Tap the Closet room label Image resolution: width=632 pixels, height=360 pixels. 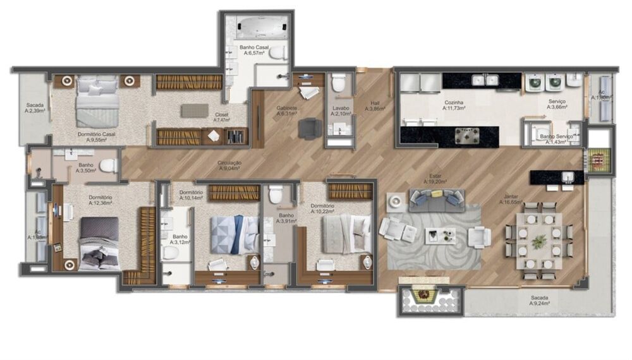point(221,117)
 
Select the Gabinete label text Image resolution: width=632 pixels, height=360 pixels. point(287,111)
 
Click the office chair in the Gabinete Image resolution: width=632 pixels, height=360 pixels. point(310,129)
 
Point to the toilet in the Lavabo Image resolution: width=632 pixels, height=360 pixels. point(339,83)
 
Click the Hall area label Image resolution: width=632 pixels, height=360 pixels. point(375,105)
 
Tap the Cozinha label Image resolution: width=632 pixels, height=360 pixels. point(454,105)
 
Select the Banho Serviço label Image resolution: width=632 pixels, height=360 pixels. point(557,140)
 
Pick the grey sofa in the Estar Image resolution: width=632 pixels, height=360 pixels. point(436,200)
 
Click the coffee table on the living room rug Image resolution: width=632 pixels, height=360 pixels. point(440,236)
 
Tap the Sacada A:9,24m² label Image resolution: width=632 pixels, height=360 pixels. point(539,301)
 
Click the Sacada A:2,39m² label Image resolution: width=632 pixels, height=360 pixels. point(34,108)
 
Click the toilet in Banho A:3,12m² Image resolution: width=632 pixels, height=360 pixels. point(170,253)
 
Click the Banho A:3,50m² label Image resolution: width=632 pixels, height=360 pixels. point(86,168)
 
